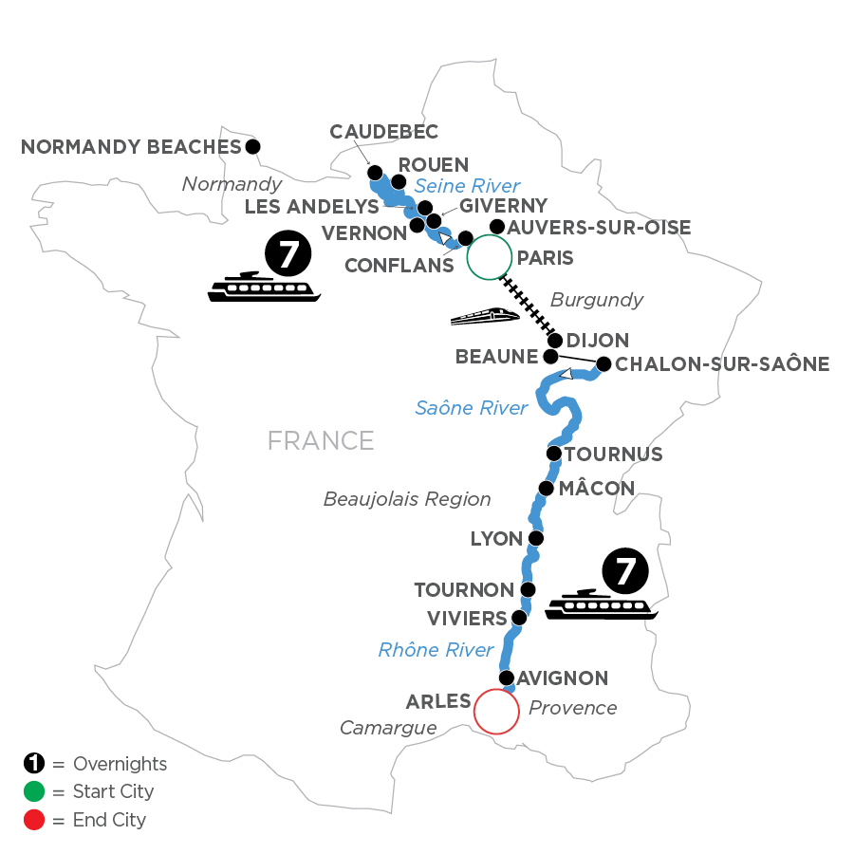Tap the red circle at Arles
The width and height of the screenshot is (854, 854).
pyautogui.click(x=496, y=710)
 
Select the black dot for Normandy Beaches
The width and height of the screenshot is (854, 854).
pyautogui.click(x=252, y=146)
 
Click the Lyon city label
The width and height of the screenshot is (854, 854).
pyautogui.click(x=496, y=539)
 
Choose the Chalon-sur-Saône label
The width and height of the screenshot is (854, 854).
pyautogui.click(x=723, y=363)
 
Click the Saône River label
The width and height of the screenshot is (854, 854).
pyautogui.click(x=471, y=408)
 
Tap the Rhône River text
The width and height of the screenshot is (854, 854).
pyautogui.click(x=436, y=650)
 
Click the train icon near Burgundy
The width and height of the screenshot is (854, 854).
pyautogui.click(x=484, y=316)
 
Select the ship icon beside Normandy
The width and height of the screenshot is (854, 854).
pyautogui.click(x=264, y=287)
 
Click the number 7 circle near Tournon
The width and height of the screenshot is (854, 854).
pyautogui.click(x=625, y=572)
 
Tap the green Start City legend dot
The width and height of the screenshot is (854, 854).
pyautogui.click(x=32, y=791)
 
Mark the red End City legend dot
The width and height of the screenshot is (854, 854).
pyautogui.click(x=32, y=819)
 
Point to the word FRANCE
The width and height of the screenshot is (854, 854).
pyautogui.click(x=321, y=440)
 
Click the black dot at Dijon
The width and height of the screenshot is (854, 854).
pyautogui.click(x=556, y=341)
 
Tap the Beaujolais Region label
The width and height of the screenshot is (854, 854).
pyautogui.click(x=407, y=498)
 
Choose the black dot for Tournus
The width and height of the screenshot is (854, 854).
pyautogui.click(x=554, y=455)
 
